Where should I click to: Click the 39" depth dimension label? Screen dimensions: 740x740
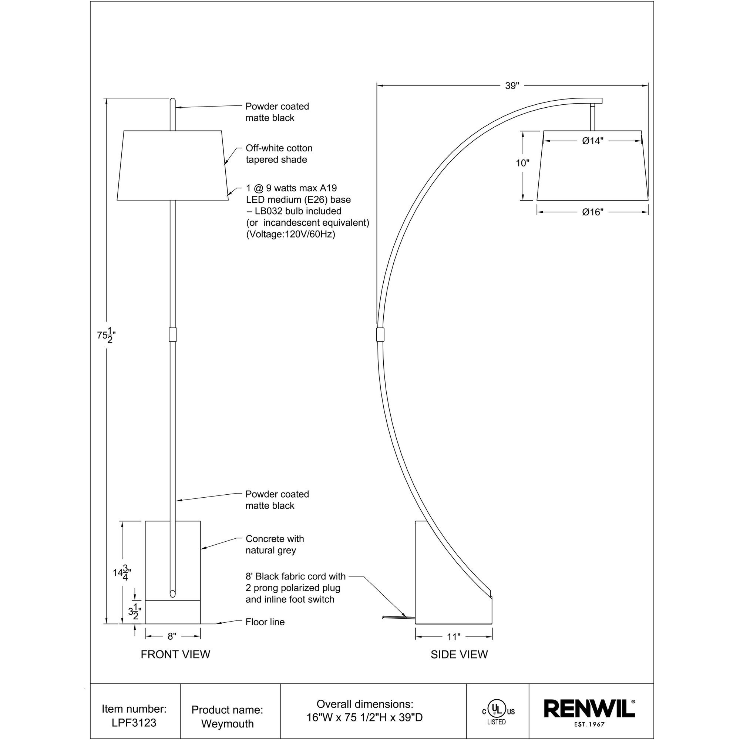pyautogui.click(x=512, y=86)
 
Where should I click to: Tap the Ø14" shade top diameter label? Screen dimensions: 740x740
pyautogui.click(x=592, y=141)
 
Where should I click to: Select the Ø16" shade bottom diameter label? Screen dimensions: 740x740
pyautogui.click(x=592, y=212)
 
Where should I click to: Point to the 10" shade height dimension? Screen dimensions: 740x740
pyautogui.click(x=522, y=163)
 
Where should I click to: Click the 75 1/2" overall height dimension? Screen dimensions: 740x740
pyautogui.click(x=106, y=336)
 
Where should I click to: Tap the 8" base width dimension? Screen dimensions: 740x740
pyautogui.click(x=172, y=636)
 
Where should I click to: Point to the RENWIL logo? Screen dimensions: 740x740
pyautogui.click(x=589, y=709)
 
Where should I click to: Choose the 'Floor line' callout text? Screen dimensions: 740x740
pyautogui.click(x=265, y=622)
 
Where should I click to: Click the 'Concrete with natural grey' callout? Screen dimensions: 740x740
pyautogui.click(x=275, y=544)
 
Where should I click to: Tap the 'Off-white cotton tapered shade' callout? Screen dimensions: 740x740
pyautogui.click(x=279, y=154)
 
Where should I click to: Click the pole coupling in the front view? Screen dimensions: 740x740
pyautogui.click(x=172, y=334)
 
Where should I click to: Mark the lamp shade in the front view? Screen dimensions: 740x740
pyautogui.click(x=172, y=165)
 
